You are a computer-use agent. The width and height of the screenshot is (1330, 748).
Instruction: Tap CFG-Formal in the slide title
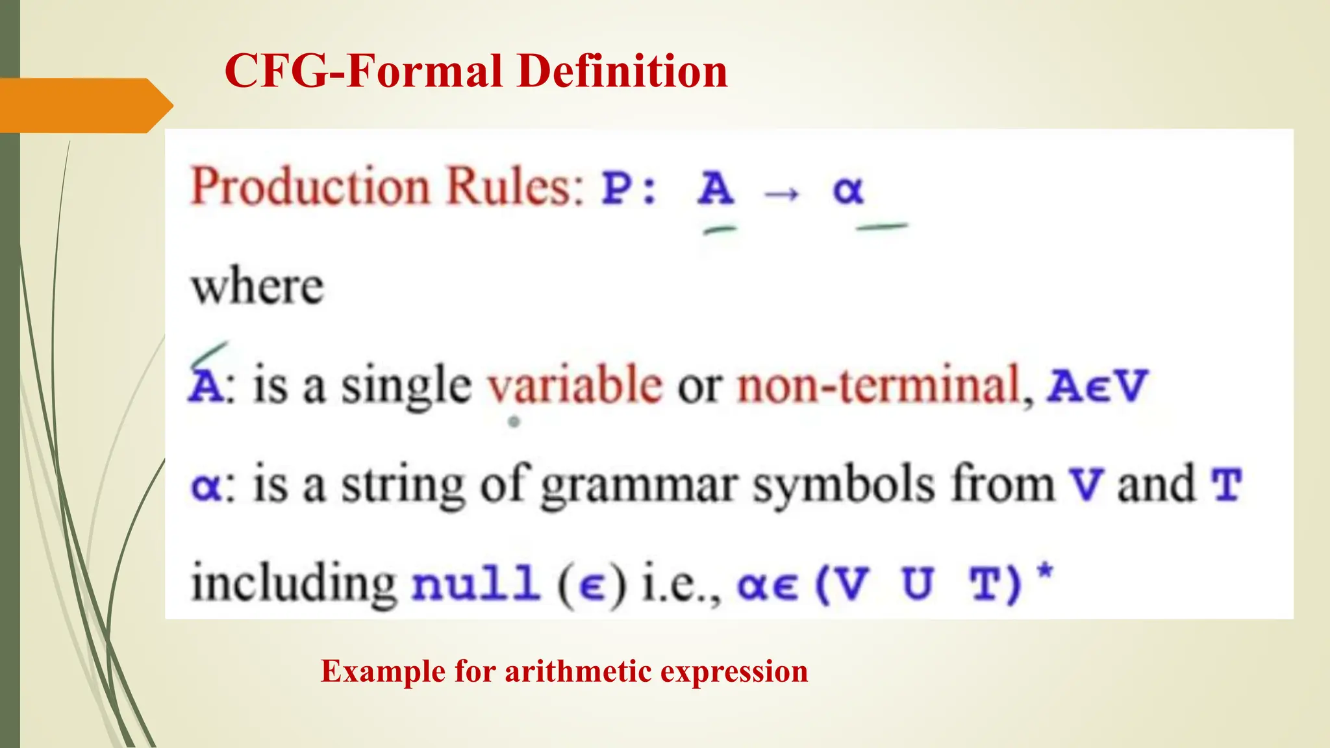coord(364,71)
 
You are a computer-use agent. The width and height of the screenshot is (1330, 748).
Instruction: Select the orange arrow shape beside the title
coord(84,105)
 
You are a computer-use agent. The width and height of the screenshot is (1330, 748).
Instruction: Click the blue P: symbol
coord(629,189)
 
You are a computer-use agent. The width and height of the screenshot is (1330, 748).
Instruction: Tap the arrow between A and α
coord(782,193)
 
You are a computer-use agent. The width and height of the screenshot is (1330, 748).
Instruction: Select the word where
coord(257,287)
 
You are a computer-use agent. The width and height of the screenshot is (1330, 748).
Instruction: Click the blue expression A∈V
coord(1098,386)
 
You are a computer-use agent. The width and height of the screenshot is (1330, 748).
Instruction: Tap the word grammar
coord(639,486)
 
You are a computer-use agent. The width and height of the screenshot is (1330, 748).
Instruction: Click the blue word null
coord(476,582)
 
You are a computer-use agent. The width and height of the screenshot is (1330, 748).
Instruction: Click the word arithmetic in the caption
coord(577,671)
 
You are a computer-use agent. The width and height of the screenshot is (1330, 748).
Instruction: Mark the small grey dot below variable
coord(514,422)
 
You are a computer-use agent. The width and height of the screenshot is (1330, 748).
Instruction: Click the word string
coord(403,486)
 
